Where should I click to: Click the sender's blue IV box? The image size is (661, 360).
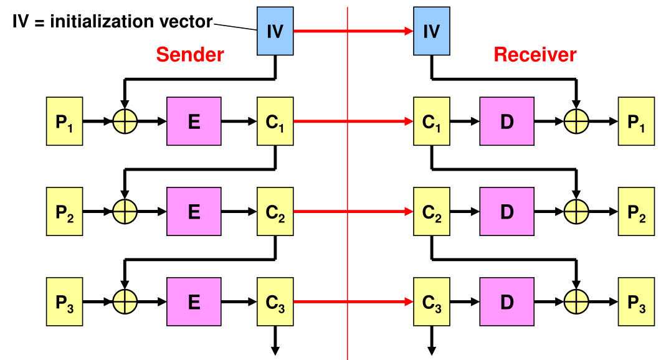(x=275, y=31)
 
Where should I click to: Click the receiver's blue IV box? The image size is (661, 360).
(x=431, y=31)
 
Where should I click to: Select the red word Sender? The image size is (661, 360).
(x=189, y=55)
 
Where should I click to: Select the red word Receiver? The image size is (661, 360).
(x=535, y=55)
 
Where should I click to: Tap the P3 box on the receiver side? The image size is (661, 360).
(x=636, y=303)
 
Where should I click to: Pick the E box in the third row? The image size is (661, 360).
(x=194, y=303)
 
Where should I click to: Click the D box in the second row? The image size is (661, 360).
(x=506, y=212)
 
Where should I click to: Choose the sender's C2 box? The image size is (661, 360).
(x=275, y=212)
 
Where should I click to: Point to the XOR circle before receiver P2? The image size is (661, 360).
(x=576, y=212)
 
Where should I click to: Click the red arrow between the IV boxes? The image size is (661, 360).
(x=353, y=31)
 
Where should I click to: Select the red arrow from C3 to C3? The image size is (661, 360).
(x=353, y=303)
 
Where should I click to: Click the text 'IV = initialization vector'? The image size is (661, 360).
(x=113, y=22)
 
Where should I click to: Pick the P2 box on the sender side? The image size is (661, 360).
(x=65, y=212)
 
